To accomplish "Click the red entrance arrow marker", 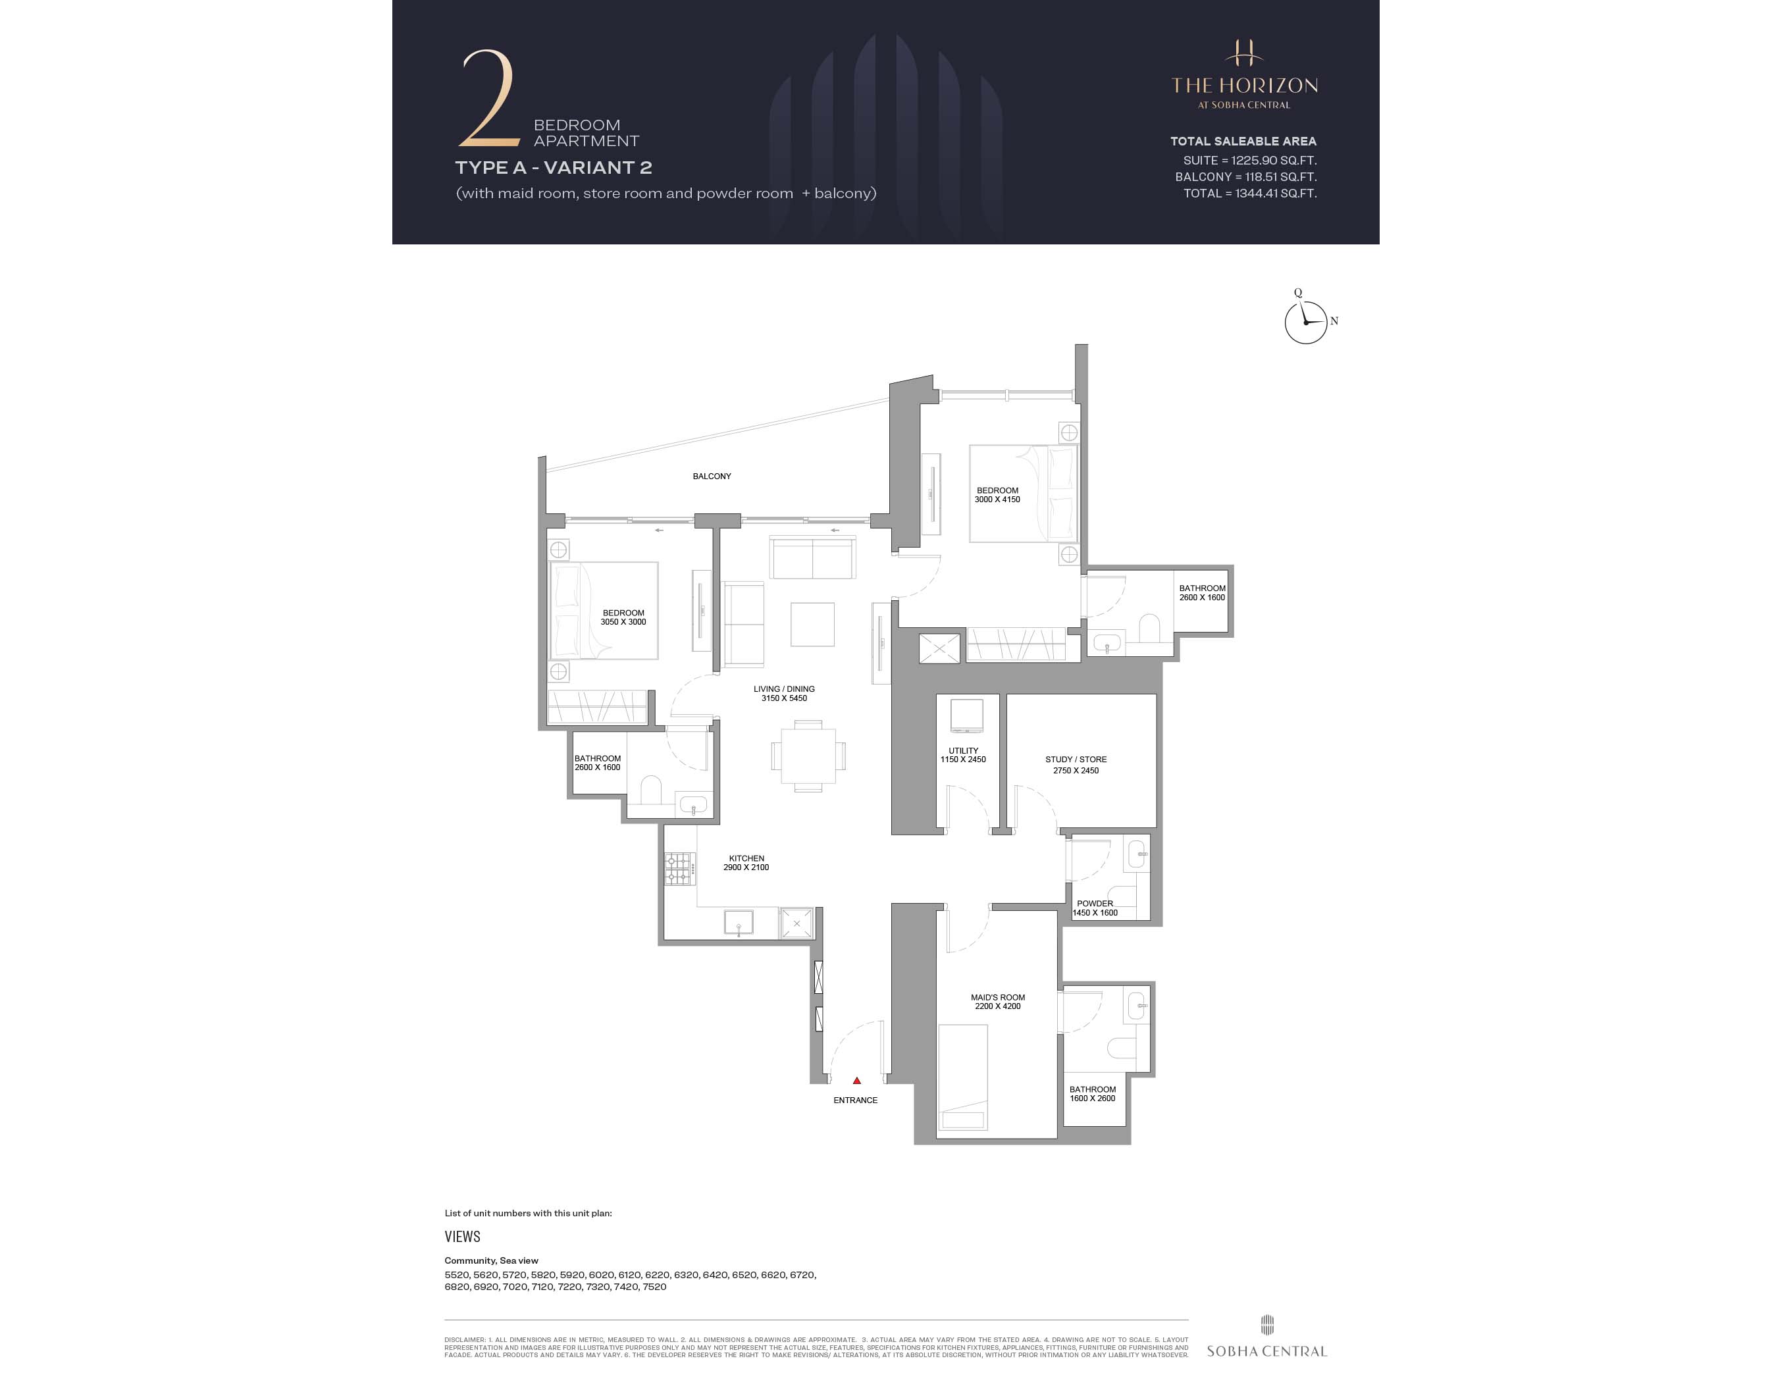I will tap(856, 1081).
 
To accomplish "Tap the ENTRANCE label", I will tap(855, 1100).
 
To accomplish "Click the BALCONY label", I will tap(711, 476).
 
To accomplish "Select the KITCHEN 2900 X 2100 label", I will tap(745, 863).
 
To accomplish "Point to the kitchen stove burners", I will tap(677, 869).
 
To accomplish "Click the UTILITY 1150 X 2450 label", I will tap(963, 754).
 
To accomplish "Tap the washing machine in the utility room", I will tap(966, 716).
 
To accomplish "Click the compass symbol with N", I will tap(1306, 322).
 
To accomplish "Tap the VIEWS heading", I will tap(462, 1237).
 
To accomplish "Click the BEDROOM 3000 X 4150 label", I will tap(997, 494).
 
